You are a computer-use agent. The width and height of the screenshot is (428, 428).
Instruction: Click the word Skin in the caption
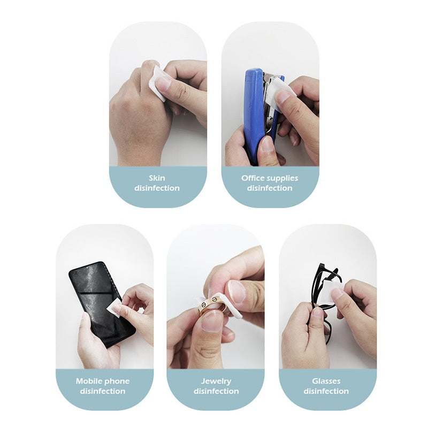[x=157, y=178]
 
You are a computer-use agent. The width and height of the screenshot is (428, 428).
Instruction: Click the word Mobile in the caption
[x=89, y=381]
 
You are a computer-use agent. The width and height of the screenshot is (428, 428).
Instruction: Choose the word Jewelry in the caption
[x=216, y=381]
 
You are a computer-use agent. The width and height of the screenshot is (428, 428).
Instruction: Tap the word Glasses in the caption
[x=326, y=381]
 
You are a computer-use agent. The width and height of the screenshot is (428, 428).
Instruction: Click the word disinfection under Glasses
[x=326, y=391]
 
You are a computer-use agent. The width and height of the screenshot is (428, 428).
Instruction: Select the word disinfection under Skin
[x=157, y=188]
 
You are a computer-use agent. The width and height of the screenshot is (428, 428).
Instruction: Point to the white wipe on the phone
[x=114, y=308]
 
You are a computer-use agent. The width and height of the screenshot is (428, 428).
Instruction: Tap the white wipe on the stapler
[x=278, y=90]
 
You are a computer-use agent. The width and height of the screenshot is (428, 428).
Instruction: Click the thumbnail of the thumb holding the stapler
[x=265, y=143]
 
